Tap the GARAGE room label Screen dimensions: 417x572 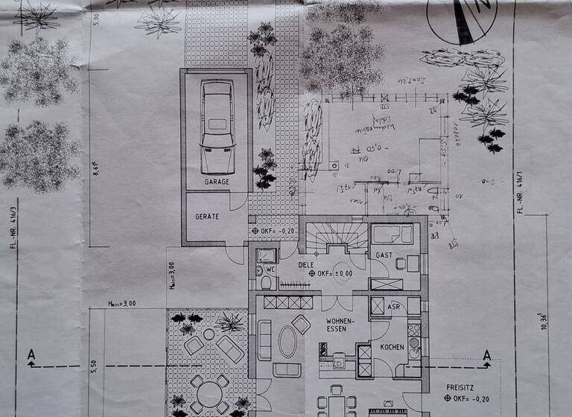[x=217, y=182]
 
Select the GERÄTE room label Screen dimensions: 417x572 [x=207, y=217]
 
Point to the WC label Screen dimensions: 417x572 [x=271, y=269]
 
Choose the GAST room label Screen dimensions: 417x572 [x=384, y=255]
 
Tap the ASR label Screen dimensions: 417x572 [x=395, y=306]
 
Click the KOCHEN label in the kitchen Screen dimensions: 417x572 [x=392, y=348]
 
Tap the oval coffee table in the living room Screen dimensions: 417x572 [x=287, y=342]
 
